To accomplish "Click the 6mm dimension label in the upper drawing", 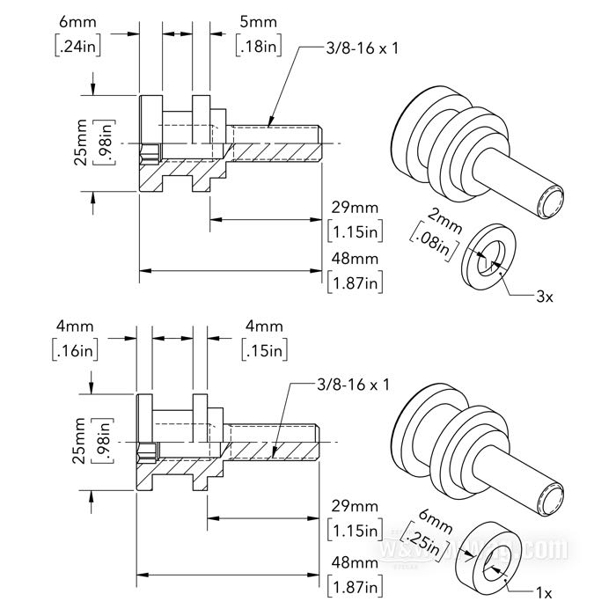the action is pyautogui.click(x=77, y=22).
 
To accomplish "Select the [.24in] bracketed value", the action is pyautogui.click(x=77, y=46).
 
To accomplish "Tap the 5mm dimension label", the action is pyautogui.click(x=258, y=22).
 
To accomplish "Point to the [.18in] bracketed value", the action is pyautogui.click(x=259, y=46).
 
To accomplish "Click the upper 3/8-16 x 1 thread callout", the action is pyautogui.click(x=362, y=48).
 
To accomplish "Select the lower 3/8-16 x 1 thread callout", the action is pyautogui.click(x=353, y=385).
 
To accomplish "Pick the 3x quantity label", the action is pyautogui.click(x=545, y=297).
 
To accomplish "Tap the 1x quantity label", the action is pyautogui.click(x=544, y=593).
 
